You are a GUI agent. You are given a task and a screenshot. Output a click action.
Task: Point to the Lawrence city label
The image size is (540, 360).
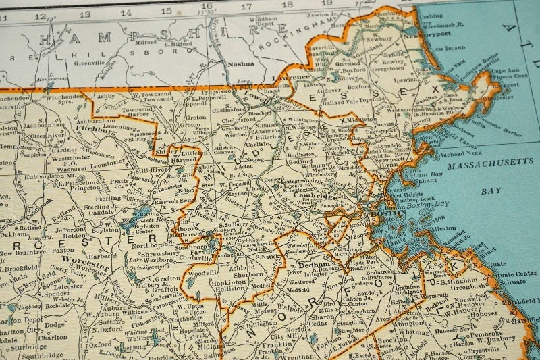coord(292,78)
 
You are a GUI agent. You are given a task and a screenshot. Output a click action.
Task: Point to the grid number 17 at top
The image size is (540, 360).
coord(247,7)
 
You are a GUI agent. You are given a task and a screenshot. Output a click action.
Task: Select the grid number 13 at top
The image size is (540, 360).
coord(85,14)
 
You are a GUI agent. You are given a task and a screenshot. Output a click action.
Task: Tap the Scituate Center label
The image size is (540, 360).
coord(518,274)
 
